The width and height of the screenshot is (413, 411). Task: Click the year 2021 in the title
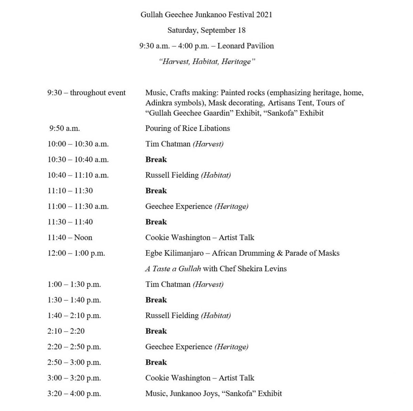tap(264, 14)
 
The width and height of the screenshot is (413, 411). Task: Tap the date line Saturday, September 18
tap(206, 30)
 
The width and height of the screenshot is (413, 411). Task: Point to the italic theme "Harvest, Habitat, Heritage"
tap(206, 62)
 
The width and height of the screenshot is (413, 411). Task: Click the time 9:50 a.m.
tap(62, 128)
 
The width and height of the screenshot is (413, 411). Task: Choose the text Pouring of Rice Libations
tap(188, 128)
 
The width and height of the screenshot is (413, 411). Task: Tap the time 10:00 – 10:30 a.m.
tap(78, 144)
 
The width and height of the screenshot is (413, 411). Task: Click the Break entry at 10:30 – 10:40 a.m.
tap(156, 159)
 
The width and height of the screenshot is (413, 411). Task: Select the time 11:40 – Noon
tap(70, 238)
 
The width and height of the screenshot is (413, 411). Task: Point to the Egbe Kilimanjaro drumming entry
tap(242, 253)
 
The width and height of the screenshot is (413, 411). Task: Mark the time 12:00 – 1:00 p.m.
tap(76, 253)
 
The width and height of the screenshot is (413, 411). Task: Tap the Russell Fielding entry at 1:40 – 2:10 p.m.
tap(188, 316)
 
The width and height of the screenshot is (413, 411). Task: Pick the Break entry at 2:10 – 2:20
tap(156, 331)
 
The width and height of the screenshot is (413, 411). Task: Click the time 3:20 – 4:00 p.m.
tap(74, 394)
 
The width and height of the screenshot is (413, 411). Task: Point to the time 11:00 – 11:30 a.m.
tap(78, 206)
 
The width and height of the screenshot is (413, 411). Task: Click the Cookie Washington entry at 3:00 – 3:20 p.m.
tap(199, 378)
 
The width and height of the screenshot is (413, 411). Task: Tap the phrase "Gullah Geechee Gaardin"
tap(190, 113)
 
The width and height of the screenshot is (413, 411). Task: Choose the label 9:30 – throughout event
tap(86, 93)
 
